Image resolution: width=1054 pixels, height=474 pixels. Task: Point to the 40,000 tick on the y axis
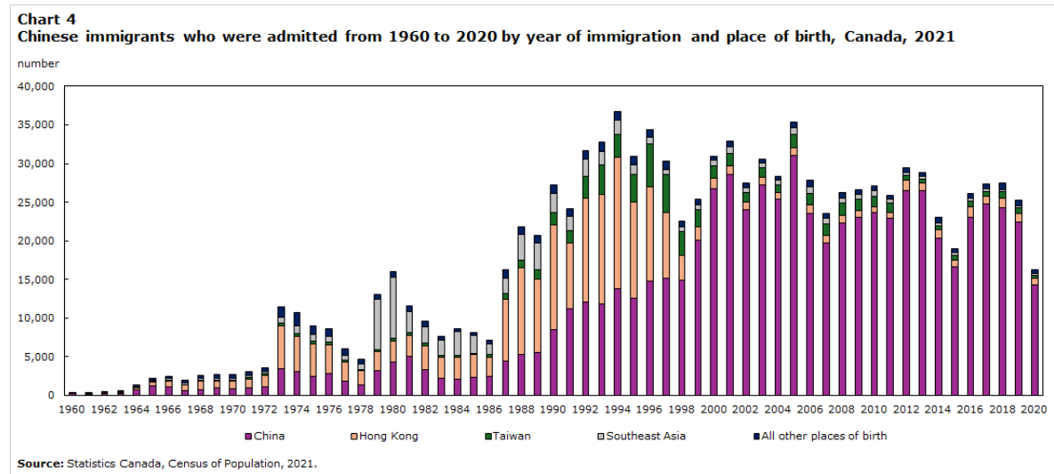[36, 87]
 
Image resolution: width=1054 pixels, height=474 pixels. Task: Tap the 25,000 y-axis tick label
[36, 203]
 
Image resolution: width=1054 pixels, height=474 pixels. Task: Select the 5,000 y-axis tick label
[39, 357]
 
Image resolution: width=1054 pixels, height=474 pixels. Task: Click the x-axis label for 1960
[72, 410]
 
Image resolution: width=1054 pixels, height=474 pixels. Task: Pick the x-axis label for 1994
[617, 410]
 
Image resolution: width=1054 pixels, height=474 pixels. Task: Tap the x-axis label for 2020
[1034, 410]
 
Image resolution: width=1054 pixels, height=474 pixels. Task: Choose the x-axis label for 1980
[392, 410]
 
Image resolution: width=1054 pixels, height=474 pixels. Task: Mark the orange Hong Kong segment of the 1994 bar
[617, 222]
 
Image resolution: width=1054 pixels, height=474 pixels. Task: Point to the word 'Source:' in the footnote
[39, 463]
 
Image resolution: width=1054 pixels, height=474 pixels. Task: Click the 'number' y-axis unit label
[38, 64]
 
